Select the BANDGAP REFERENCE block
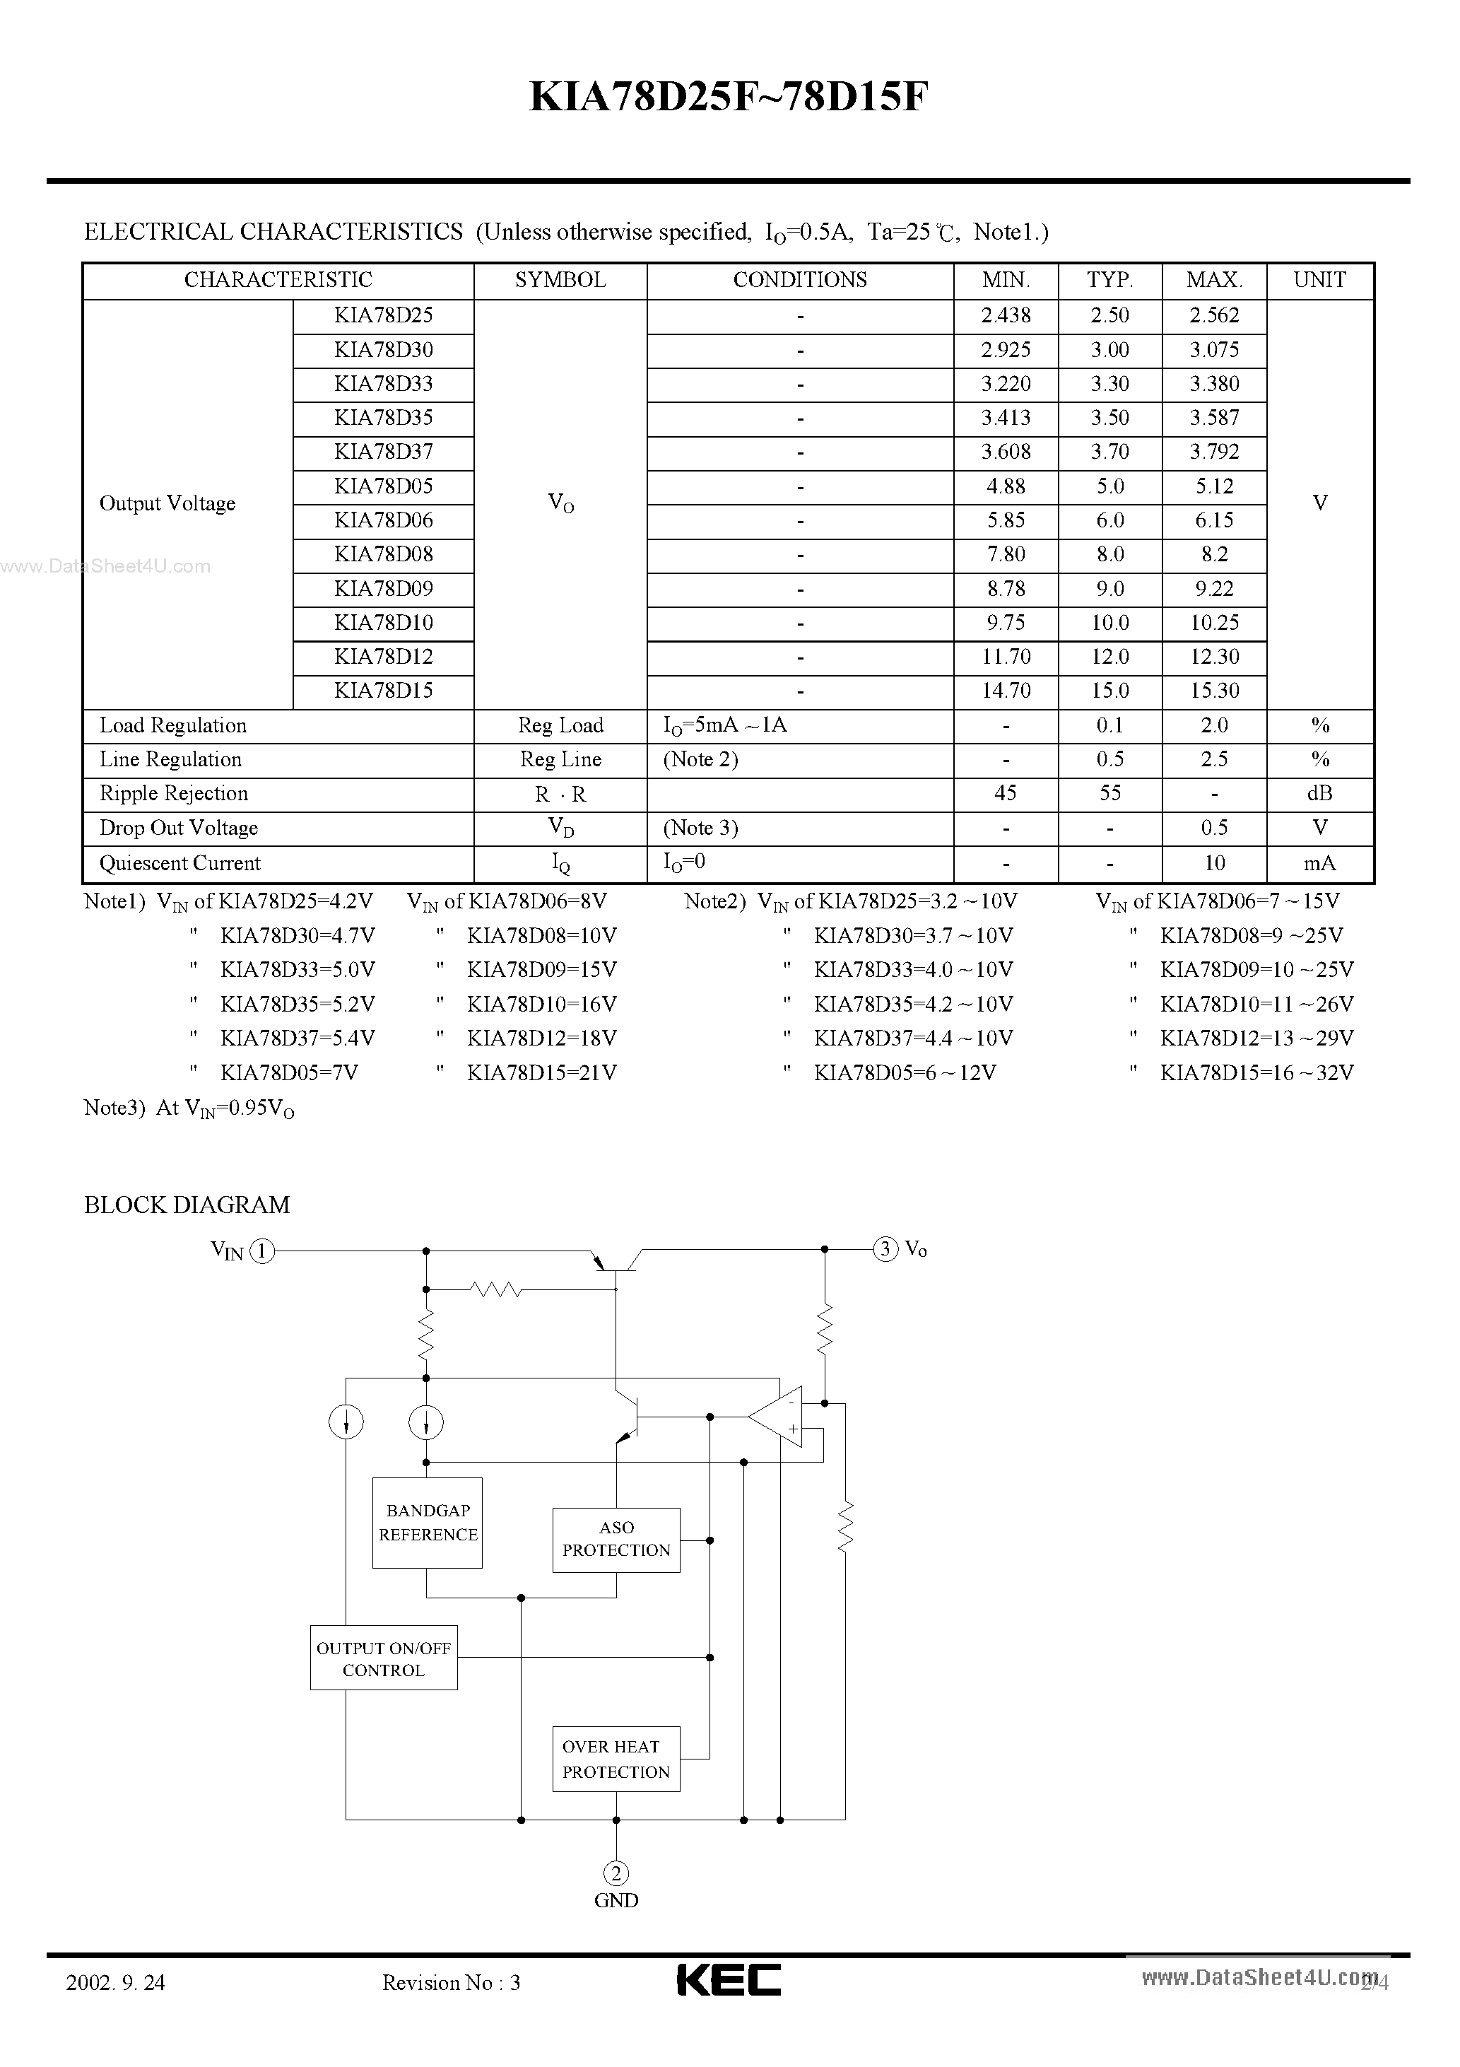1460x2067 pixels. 428,1523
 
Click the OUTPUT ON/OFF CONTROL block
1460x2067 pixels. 384,1658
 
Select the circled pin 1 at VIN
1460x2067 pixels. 262,1251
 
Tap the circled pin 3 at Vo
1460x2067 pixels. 885,1248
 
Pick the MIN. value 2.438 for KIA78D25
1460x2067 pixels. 1006,316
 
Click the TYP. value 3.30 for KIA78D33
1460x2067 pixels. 1110,385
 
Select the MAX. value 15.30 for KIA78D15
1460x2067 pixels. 1214,691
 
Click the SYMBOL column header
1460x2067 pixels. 560,280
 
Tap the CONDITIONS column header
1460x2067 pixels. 799,280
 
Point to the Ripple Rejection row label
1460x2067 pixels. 174,794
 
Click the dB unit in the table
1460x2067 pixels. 1319,794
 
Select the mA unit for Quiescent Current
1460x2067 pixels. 1319,863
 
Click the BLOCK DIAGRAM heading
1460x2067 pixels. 187,1205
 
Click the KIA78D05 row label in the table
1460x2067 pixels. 384,487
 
